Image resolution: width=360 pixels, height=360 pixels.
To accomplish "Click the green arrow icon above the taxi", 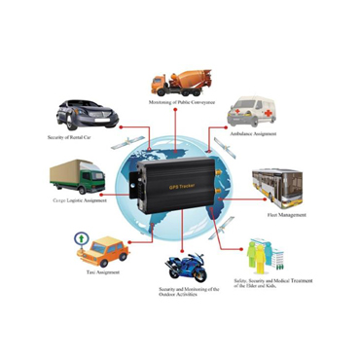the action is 80,236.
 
